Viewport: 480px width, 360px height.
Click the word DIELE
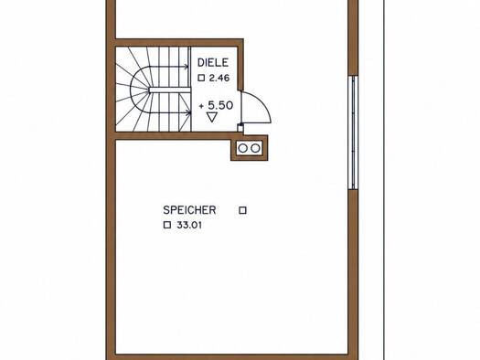click(213, 63)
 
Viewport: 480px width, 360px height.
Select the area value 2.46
click(219, 78)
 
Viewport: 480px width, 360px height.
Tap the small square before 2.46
click(201, 78)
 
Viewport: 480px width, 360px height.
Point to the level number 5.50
click(220, 105)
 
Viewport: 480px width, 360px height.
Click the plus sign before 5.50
click(201, 106)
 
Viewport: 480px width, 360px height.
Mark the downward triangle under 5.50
click(212, 117)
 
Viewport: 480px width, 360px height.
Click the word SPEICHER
click(189, 210)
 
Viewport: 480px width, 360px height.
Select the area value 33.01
click(189, 225)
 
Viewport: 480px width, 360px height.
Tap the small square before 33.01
click(167, 225)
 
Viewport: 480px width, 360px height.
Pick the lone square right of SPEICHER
click(243, 210)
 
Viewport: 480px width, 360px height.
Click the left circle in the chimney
click(242, 148)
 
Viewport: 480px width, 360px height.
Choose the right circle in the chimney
click(255, 148)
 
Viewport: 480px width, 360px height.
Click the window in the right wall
click(353, 132)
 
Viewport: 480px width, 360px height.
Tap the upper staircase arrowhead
click(187, 67)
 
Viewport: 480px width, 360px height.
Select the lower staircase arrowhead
click(188, 113)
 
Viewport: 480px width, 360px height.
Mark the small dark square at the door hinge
click(240, 125)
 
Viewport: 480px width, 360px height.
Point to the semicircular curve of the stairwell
click(131, 90)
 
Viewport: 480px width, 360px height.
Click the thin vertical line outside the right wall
click(384, 180)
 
